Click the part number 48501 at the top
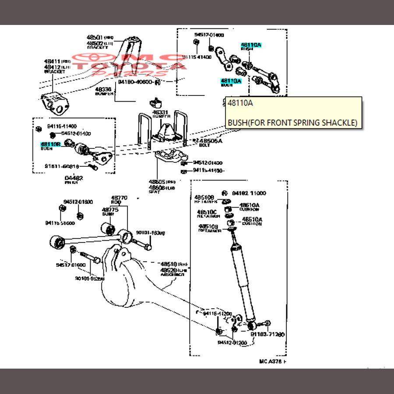[x=94, y=38]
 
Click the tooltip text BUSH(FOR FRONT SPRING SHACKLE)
[x=292, y=123]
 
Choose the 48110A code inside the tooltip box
[x=240, y=103]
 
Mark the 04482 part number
[x=74, y=178]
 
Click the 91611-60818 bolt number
[x=61, y=166]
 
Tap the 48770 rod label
[x=119, y=198]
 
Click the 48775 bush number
[x=110, y=210]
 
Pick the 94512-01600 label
[x=78, y=202]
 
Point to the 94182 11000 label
[x=249, y=193]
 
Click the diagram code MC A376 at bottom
[x=271, y=362]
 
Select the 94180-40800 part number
[x=134, y=82]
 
